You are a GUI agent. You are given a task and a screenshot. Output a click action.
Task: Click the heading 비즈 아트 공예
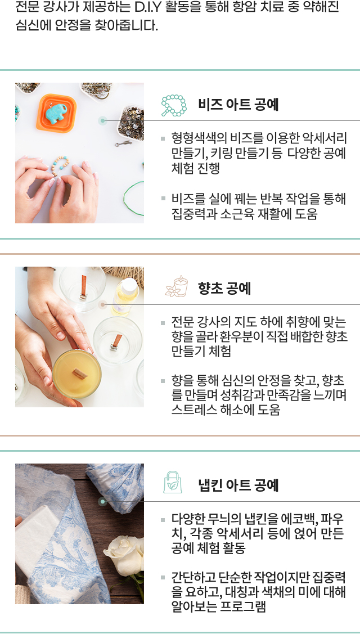pyautogui.click(x=238, y=105)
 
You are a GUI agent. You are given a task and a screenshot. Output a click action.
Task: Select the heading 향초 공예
pyautogui.click(x=224, y=289)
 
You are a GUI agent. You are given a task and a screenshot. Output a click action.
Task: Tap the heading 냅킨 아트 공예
pyautogui.click(x=238, y=485)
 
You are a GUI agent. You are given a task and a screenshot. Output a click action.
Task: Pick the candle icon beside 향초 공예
pyautogui.click(x=177, y=287)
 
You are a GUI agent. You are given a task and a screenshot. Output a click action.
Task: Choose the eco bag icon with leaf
pyautogui.click(x=173, y=483)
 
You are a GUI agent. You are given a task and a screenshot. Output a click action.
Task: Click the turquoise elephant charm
pyautogui.click(x=56, y=113)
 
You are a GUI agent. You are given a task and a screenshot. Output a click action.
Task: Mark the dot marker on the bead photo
pyautogui.click(x=103, y=120)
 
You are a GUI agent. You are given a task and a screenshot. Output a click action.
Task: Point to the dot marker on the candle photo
pyautogui.click(x=103, y=304)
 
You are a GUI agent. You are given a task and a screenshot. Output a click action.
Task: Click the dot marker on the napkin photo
pyautogui.click(x=103, y=502)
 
